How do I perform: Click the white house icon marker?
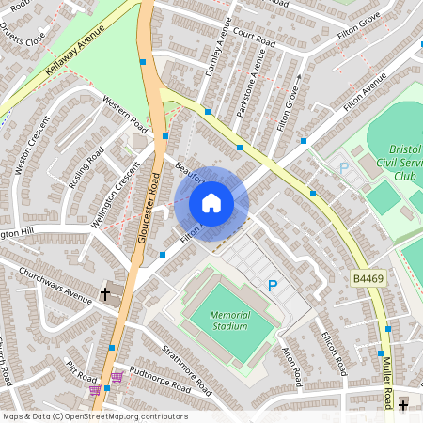pos(211,202)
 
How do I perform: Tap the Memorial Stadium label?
pos(229,321)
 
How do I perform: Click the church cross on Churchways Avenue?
pos(105,294)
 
